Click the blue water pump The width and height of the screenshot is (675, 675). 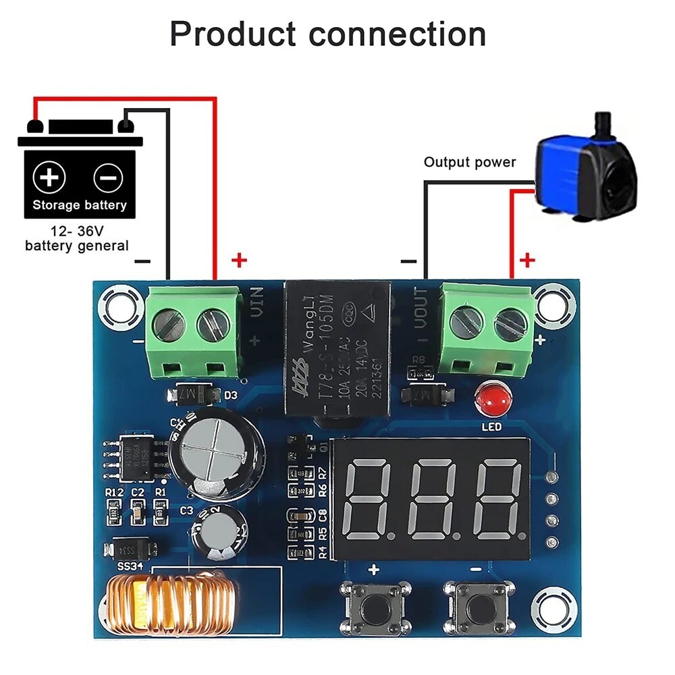pyautogui.click(x=585, y=169)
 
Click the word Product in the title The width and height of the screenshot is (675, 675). pyautogui.click(x=233, y=34)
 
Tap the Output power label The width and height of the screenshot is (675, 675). pyautogui.click(x=469, y=162)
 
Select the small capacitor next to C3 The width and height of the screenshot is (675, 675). pyautogui.click(x=216, y=533)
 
